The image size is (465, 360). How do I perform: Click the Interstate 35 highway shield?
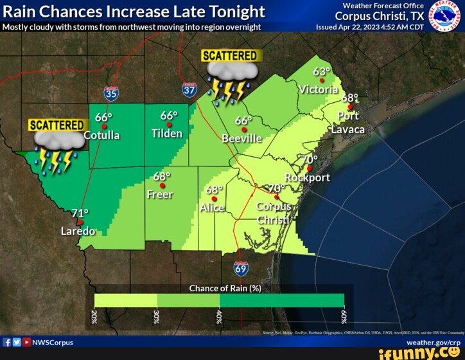pyautogui.click(x=111, y=94)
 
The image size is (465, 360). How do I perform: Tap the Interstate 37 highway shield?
pyautogui.click(x=189, y=89)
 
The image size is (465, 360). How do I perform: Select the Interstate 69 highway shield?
pyautogui.click(x=241, y=269)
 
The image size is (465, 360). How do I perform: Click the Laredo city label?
pyautogui.click(x=78, y=231)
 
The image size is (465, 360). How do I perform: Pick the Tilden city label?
pyautogui.click(x=167, y=134)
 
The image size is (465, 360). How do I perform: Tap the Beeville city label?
pyautogui.click(x=241, y=138)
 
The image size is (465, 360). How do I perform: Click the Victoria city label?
pyautogui.click(x=318, y=89)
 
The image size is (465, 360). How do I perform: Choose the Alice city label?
pyautogui.click(x=212, y=208)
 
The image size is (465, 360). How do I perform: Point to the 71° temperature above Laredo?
pyautogui.click(x=80, y=213)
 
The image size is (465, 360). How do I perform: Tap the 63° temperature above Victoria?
pyautogui.click(x=322, y=71)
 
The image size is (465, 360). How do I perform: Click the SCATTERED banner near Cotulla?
pyautogui.click(x=57, y=125)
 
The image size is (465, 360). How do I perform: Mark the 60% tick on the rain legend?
pyautogui.click(x=344, y=317)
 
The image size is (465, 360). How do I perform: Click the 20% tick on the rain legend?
pyautogui.click(x=94, y=317)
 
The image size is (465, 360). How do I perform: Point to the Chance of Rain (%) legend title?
pyautogui.click(x=225, y=288)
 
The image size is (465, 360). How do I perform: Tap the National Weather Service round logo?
pyautogui.click(x=445, y=16)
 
